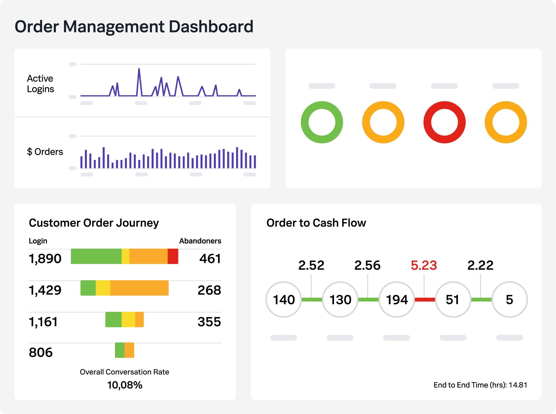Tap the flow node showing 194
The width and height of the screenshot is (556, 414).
pyautogui.click(x=396, y=300)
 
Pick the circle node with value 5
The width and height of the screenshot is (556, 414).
pyautogui.click(x=509, y=300)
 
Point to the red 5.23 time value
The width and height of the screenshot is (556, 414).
pyautogui.click(x=424, y=265)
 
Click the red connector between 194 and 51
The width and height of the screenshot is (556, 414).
pyautogui.click(x=425, y=300)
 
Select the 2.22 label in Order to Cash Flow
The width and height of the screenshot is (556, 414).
pyautogui.click(x=480, y=265)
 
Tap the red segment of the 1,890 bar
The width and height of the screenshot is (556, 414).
pyautogui.click(x=173, y=256)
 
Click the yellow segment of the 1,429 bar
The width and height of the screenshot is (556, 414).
pyautogui.click(x=103, y=288)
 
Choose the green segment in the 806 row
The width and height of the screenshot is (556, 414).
pyautogui.click(x=120, y=350)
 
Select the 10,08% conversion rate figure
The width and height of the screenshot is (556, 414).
pyautogui.click(x=125, y=385)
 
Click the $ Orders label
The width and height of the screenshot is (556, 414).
pyautogui.click(x=45, y=152)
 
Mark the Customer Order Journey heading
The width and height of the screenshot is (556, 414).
pyautogui.click(x=94, y=223)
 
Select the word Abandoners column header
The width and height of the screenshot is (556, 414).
pyautogui.click(x=200, y=241)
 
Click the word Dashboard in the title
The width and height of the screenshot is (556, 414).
pyautogui.click(x=211, y=27)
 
